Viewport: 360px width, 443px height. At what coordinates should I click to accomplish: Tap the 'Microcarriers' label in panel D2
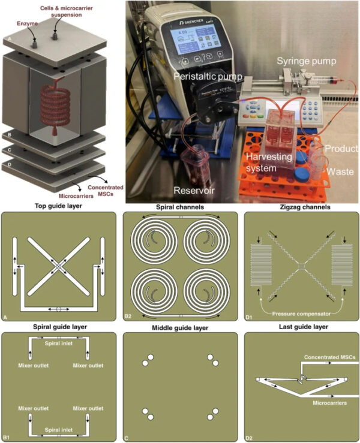pos(325,403)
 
